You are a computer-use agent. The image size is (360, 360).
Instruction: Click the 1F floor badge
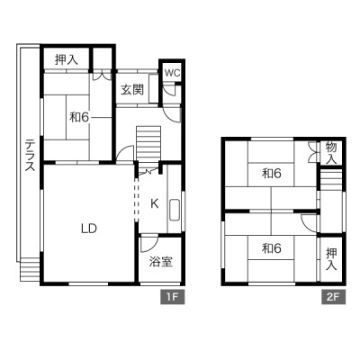click(172, 297)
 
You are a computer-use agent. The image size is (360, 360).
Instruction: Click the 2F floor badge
click(334, 297)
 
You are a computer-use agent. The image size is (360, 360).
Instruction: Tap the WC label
click(172, 73)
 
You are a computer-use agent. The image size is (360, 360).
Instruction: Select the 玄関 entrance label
click(132, 90)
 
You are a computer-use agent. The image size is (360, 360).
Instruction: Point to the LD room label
click(89, 229)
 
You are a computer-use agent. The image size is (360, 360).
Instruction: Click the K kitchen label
click(155, 204)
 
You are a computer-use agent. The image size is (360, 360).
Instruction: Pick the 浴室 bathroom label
click(161, 262)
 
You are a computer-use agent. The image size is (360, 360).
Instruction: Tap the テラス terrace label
click(30, 155)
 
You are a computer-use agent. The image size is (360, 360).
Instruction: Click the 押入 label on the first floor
click(67, 59)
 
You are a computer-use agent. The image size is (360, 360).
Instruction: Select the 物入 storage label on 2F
click(331, 153)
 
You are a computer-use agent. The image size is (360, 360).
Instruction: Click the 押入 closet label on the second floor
click(331, 259)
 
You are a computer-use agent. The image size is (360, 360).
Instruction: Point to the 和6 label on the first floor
click(79, 117)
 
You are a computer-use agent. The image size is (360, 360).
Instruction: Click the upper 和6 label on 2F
click(272, 173)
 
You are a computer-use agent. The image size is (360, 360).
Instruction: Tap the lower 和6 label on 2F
click(272, 248)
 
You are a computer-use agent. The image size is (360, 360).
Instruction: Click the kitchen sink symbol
click(174, 210)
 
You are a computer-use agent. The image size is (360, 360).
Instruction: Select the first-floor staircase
click(149, 148)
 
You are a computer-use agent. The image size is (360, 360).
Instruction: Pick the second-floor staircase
click(331, 179)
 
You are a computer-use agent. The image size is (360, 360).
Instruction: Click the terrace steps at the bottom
click(30, 271)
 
